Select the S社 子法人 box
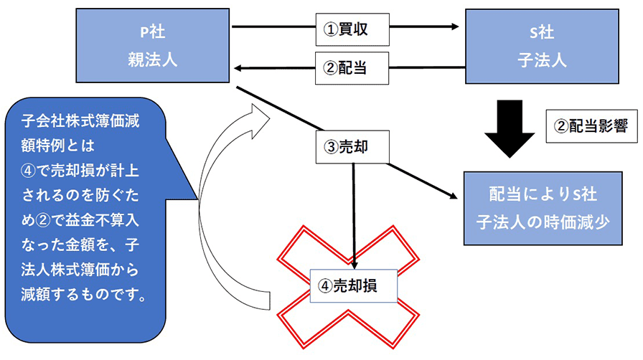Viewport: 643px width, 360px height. point(542,47)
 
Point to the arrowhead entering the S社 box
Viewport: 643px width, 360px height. point(454,27)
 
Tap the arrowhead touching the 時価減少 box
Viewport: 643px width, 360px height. point(453,196)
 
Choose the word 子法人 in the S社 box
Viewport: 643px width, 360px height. point(542,60)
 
